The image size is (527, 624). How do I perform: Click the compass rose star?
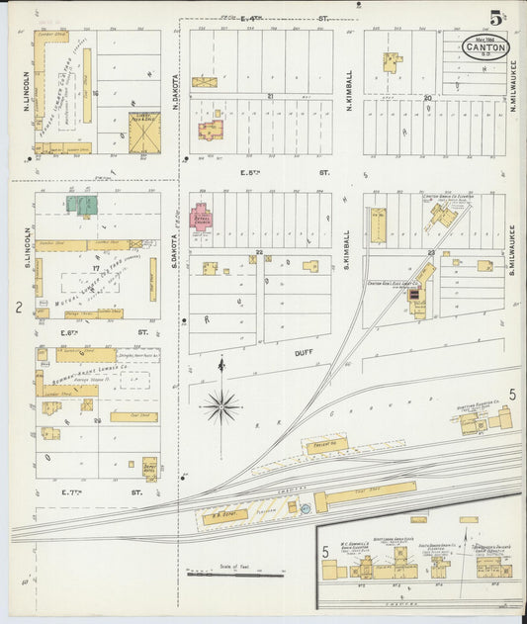click(221, 405)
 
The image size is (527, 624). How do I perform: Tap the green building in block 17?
click(82, 205)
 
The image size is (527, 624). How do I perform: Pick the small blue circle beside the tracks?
click(306, 508)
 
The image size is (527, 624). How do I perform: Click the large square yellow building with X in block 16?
click(144, 132)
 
